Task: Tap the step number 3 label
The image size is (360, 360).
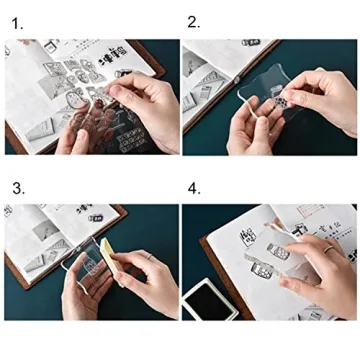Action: click(x=16, y=187)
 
